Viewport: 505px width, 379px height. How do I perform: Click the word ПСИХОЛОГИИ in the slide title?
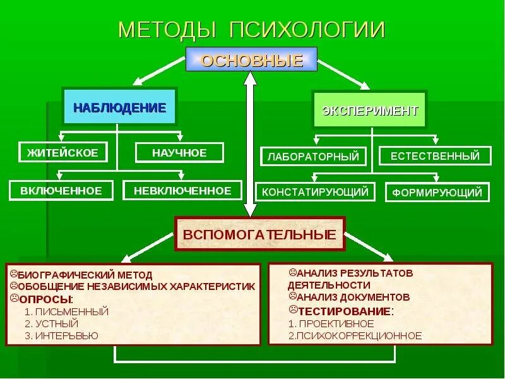tap(308, 30)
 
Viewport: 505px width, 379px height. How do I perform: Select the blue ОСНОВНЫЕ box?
tap(251, 60)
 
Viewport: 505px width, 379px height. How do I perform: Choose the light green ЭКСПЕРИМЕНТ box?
tap(370, 111)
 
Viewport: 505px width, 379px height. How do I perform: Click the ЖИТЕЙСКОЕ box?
tap(62, 152)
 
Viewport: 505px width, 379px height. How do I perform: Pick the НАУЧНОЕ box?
tap(179, 152)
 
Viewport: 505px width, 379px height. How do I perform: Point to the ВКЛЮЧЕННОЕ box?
tap(61, 190)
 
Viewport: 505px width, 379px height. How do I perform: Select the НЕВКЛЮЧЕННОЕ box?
tap(182, 190)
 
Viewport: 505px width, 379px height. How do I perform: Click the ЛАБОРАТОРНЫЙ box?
tap(313, 156)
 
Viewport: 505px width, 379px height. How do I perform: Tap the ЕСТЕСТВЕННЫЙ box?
tap(435, 155)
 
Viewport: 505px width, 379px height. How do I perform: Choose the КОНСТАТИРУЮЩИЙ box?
tap(315, 191)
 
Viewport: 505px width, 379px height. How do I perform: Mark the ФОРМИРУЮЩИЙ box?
tap(437, 192)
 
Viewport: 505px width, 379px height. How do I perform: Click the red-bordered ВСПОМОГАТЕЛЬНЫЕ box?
tap(259, 234)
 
